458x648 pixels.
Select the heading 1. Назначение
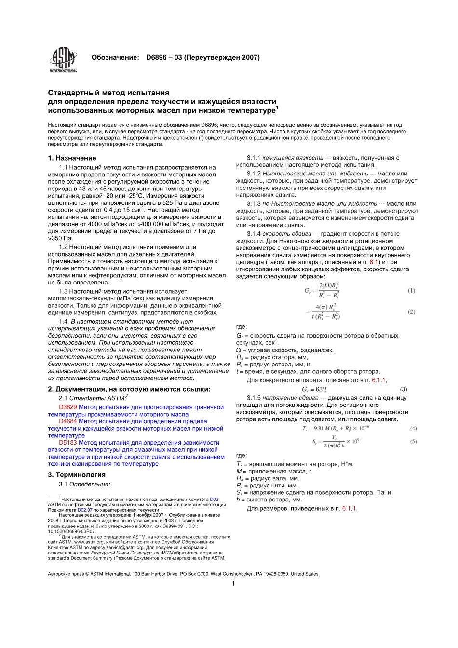pyautogui.click(x=72, y=158)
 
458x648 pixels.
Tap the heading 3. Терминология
pyautogui.click(x=76, y=475)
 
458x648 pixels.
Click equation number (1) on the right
pyautogui.click(x=411, y=291)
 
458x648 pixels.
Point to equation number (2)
pyautogui.click(x=411, y=312)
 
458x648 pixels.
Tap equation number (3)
pyautogui.click(x=404, y=389)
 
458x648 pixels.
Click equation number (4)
pyautogui.click(x=413, y=428)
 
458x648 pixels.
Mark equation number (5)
pyautogui.click(x=413, y=442)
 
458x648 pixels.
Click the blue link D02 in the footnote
pyautogui.click(x=214, y=499)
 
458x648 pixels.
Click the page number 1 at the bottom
pyautogui.click(x=233, y=584)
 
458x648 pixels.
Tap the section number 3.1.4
pyautogui.click(x=254, y=234)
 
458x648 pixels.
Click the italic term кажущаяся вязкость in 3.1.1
pyautogui.click(x=293, y=158)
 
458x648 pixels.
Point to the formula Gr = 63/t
pyautogui.click(x=314, y=389)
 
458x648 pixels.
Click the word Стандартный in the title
pyautogui.click(x=72, y=93)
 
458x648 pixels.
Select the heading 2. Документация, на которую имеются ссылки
pyautogui.click(x=129, y=389)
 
